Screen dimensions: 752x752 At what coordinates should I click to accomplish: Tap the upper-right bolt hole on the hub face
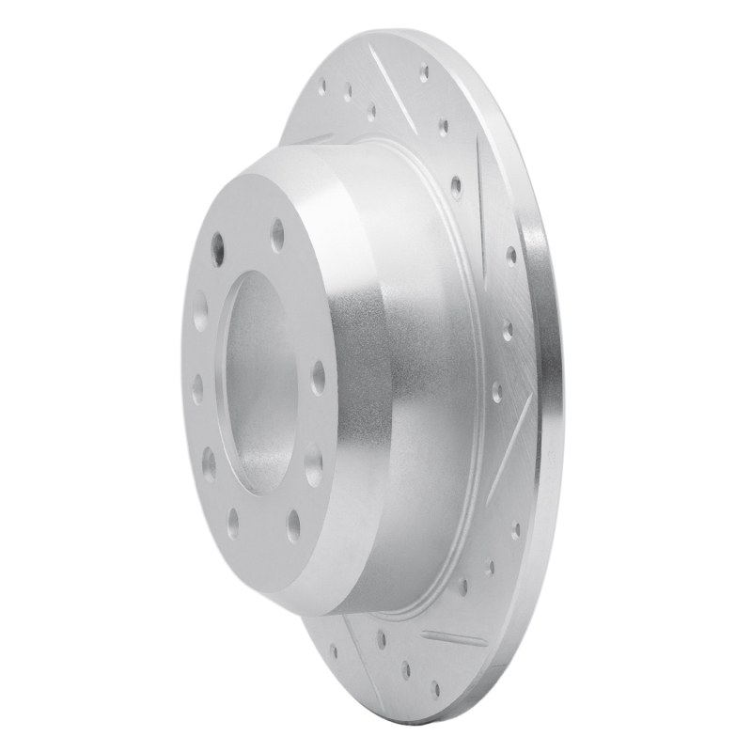pos(278,234)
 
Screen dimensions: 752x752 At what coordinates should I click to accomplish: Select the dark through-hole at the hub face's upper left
pos(218,248)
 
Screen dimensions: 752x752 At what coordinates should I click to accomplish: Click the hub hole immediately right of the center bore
pos(318,376)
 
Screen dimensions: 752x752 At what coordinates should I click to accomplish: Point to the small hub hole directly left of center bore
pos(197,388)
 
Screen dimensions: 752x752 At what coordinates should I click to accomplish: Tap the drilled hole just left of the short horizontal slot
pos(382,639)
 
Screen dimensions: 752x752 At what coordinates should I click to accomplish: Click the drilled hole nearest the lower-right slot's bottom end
pos(489,568)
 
